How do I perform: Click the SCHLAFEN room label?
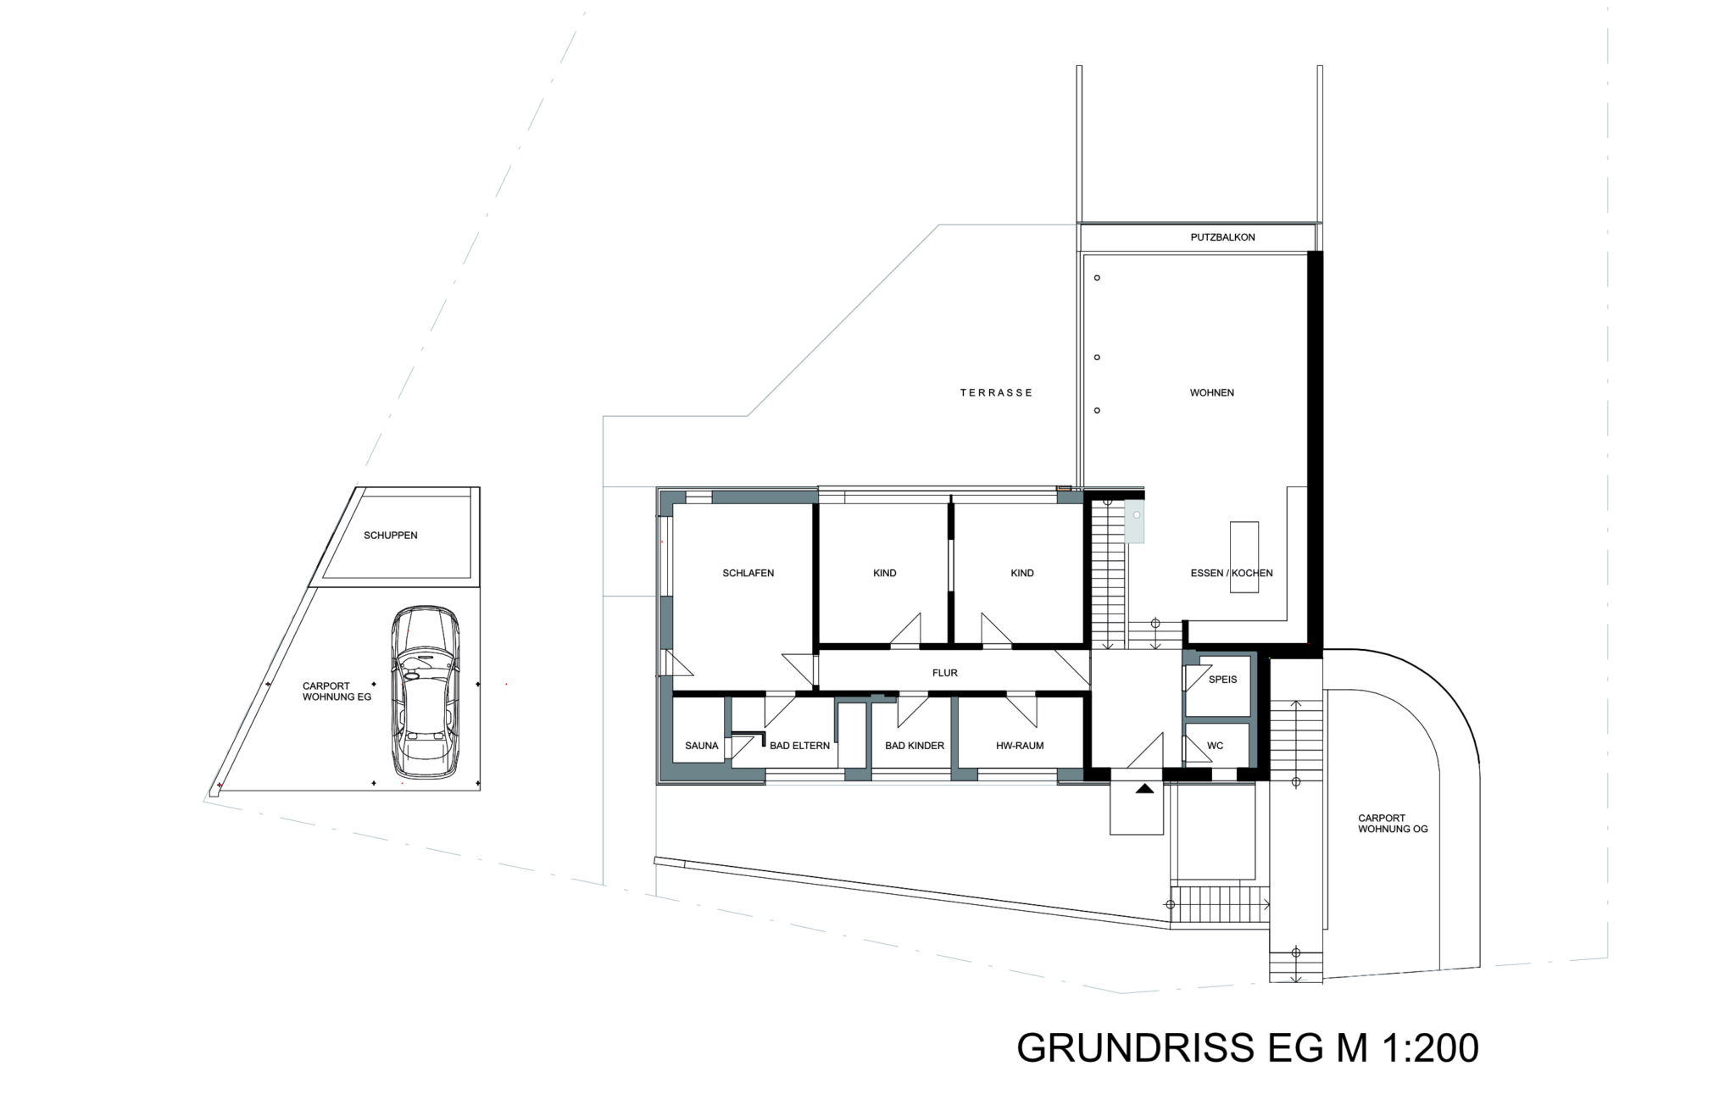pos(748,573)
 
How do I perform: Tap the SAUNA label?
pos(701,746)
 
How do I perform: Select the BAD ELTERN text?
pos(799,746)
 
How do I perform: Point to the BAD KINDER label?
pos(915,746)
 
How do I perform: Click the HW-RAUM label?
pos(1020,746)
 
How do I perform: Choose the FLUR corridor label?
pos(944,673)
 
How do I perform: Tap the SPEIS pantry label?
pos(1222,680)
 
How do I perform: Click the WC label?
pos(1215,746)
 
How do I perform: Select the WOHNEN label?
pos(1211,392)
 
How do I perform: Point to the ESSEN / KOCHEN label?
pos(1232,573)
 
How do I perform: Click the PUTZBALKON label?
pos(1222,237)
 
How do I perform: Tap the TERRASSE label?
pos(996,392)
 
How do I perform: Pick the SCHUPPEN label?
pos(390,536)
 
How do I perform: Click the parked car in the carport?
pos(425,691)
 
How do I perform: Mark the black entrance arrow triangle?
pos(1144,788)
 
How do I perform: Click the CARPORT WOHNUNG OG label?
pos(1393,824)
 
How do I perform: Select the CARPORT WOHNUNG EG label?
pos(337,691)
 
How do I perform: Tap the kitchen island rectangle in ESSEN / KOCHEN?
pos(1244,558)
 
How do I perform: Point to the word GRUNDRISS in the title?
pos(1136,1048)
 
